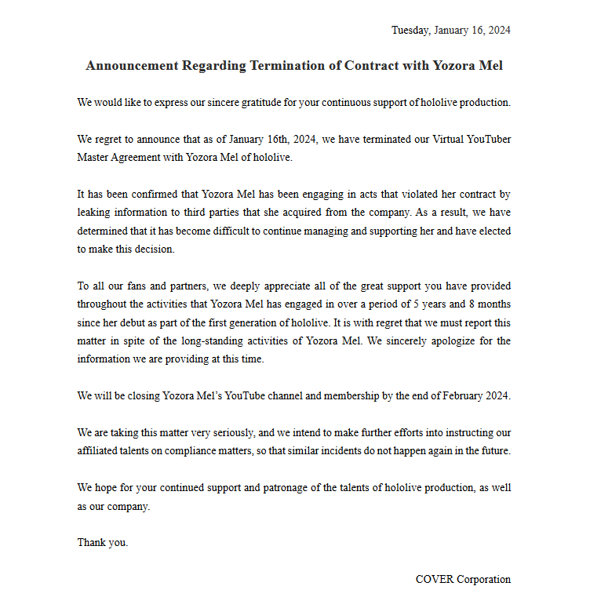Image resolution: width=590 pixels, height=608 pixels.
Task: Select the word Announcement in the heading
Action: tap(132, 66)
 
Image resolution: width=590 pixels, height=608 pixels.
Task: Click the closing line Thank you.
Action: tap(102, 543)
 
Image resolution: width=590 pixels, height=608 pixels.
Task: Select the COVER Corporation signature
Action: tap(463, 580)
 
